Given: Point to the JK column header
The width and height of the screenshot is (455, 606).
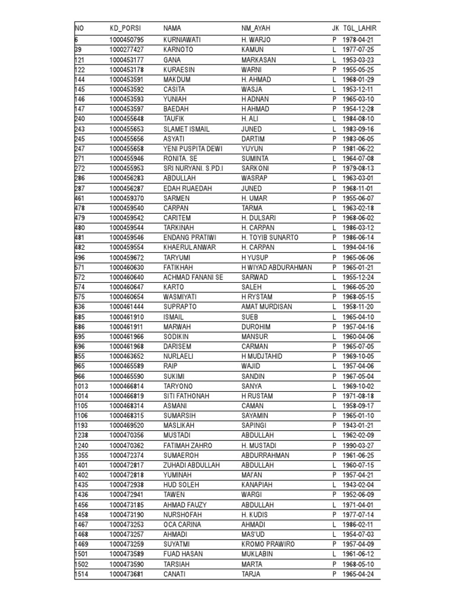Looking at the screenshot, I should click(335, 28).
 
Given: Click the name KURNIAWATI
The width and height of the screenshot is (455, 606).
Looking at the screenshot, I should click(182, 40).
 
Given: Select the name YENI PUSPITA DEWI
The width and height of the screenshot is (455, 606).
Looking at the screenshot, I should click(193, 149).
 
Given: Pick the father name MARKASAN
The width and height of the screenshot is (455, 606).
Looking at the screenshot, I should click(259, 60).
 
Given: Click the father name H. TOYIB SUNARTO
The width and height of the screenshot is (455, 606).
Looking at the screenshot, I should click(270, 237).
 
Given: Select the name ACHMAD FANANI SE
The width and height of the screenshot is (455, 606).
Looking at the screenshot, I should click(193, 277).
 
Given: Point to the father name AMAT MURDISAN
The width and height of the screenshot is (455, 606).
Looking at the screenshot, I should click(267, 307).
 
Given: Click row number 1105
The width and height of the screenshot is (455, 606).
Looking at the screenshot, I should click(82, 405).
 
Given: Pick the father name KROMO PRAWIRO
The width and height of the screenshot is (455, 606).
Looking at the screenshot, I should click(267, 544).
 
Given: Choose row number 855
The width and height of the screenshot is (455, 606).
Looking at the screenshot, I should click(80, 356).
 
